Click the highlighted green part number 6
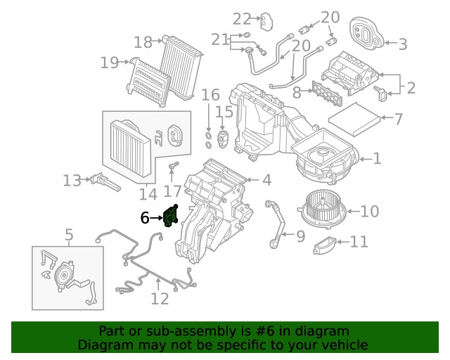pos(170,216)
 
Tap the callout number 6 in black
pos(144,219)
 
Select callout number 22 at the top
pos(242,18)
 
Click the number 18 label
pos(143,42)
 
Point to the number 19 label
pos(110,63)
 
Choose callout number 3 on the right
pos(402,44)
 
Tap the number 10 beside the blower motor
pos(370,210)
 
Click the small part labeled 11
pos(323,245)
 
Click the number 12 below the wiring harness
pos(160,299)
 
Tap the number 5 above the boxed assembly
pos(69,234)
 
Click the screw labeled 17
pos(173,166)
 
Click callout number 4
pos(266,181)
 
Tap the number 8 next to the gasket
pos(297,92)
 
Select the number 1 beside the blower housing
pos(377,159)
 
